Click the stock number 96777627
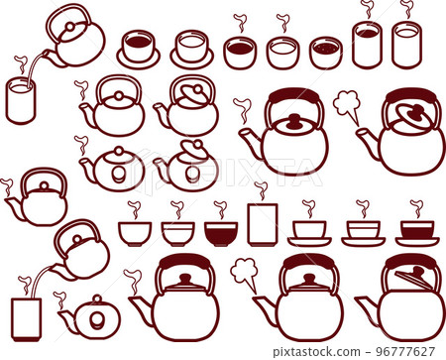[406, 351]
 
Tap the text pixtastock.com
[316, 351]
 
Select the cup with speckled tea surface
[326, 53]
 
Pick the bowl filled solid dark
[221, 234]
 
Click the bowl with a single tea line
[177, 234]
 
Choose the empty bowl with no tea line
[135, 234]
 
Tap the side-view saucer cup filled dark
[417, 233]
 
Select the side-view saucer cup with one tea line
[363, 233]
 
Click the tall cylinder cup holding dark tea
[368, 45]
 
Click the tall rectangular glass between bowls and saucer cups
[263, 224]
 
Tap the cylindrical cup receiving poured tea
[21, 100]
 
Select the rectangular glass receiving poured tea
[26, 319]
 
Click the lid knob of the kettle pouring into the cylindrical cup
[70, 27]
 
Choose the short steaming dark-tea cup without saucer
[240, 53]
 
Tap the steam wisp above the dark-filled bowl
[220, 209]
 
